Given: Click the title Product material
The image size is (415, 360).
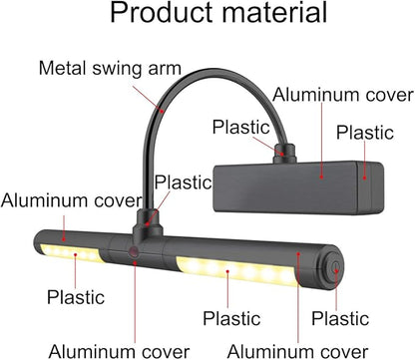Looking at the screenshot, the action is click(x=218, y=13).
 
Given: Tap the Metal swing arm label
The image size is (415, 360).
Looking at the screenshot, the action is click(x=110, y=68).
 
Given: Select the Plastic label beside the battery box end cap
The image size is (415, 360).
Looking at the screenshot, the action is click(x=365, y=133).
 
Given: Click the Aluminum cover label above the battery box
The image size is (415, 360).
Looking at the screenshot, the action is click(x=343, y=95).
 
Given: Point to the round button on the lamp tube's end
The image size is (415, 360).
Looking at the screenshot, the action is click(x=335, y=268).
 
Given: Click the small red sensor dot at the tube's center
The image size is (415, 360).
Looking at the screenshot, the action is click(x=134, y=251).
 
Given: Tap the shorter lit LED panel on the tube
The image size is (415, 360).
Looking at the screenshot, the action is click(x=71, y=253).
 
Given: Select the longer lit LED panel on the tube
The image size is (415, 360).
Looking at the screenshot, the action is click(x=236, y=271).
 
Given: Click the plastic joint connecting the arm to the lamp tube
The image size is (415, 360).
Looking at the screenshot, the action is click(x=147, y=223).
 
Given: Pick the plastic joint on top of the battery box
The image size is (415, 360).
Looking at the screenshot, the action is click(x=285, y=154).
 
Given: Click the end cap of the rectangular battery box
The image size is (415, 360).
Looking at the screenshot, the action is click(x=371, y=188).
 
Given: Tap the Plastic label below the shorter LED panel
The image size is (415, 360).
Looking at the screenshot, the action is click(x=76, y=297).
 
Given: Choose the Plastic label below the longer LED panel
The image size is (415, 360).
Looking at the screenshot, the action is click(x=231, y=318).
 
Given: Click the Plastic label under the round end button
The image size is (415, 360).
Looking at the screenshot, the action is click(x=340, y=318).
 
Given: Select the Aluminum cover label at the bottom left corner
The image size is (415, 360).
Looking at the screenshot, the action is click(x=119, y=351).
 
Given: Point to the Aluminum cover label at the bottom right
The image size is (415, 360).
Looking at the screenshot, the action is click(x=297, y=351).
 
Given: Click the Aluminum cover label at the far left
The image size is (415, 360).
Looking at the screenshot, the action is click(x=71, y=200).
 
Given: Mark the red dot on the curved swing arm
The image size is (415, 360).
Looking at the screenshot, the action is click(x=162, y=111).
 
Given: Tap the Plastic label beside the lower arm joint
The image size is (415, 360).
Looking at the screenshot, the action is click(x=184, y=181).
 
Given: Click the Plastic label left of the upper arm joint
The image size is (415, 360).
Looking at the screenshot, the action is click(x=241, y=127).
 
